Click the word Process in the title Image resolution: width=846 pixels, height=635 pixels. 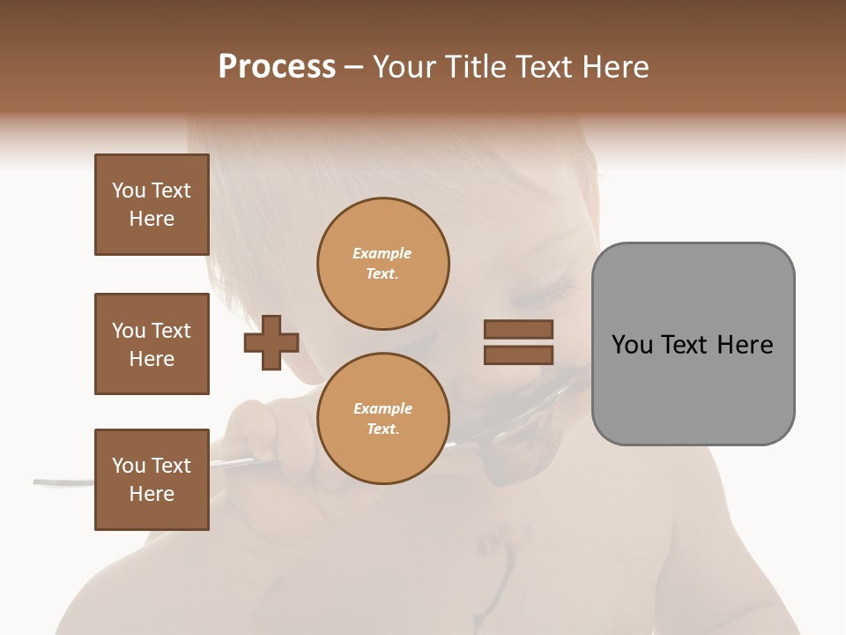tap(277, 67)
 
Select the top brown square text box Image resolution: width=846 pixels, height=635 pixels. tap(152, 205)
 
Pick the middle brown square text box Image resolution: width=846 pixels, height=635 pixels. tap(152, 344)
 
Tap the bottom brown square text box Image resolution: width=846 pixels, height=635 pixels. tap(152, 480)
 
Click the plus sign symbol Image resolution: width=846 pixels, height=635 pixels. tap(271, 342)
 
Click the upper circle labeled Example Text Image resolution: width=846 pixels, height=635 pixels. tap(382, 264)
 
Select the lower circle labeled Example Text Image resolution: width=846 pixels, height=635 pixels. tap(382, 419)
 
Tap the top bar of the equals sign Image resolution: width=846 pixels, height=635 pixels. tap(518, 329)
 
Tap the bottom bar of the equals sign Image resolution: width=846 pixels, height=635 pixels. tap(518, 355)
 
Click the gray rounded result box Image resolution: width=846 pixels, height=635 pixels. tap(693, 344)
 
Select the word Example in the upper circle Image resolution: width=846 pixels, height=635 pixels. tap(382, 254)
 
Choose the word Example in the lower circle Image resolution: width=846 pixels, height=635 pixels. tap(382, 409)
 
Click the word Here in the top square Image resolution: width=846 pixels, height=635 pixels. tap(152, 219)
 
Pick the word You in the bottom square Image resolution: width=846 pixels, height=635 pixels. tap(129, 466)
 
